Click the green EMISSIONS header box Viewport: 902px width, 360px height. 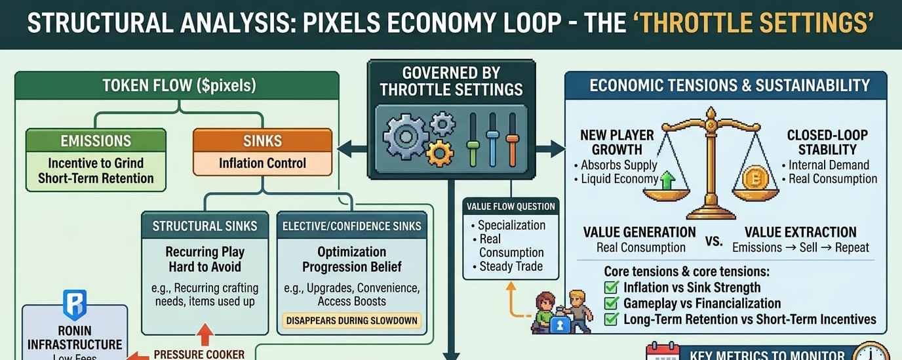[96, 141]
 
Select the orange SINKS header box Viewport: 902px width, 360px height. [262, 140]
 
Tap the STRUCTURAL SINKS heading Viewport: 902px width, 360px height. [205, 226]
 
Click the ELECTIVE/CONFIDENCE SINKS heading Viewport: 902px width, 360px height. [351, 226]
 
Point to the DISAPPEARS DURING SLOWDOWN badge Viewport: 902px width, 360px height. [352, 321]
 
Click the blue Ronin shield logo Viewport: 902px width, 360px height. [74, 306]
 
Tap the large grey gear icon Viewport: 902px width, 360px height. [406, 135]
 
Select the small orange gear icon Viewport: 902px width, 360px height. [439, 153]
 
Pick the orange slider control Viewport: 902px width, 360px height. [513, 138]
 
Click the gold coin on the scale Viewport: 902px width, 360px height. [755, 178]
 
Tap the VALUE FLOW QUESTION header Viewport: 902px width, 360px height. [511, 207]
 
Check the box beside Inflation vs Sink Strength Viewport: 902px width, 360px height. [611, 287]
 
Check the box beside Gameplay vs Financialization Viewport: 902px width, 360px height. [611, 304]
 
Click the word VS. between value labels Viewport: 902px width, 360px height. [714, 241]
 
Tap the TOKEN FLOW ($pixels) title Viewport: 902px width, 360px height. [179, 85]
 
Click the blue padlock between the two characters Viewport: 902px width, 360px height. [560, 324]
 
